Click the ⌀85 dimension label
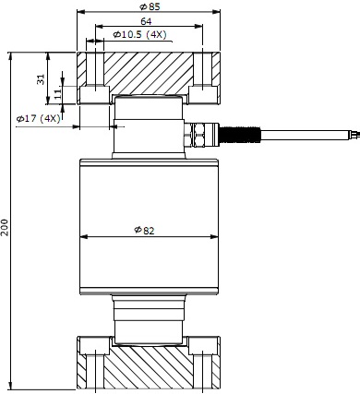[x=150, y=6]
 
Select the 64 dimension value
[x=146, y=21]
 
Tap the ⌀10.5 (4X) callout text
[x=139, y=34]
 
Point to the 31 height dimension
[x=41, y=79]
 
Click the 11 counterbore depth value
[x=57, y=93]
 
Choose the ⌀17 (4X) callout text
[x=39, y=118]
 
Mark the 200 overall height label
[x=5, y=227]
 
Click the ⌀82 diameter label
[x=144, y=230]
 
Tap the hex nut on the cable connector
[x=196, y=135]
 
